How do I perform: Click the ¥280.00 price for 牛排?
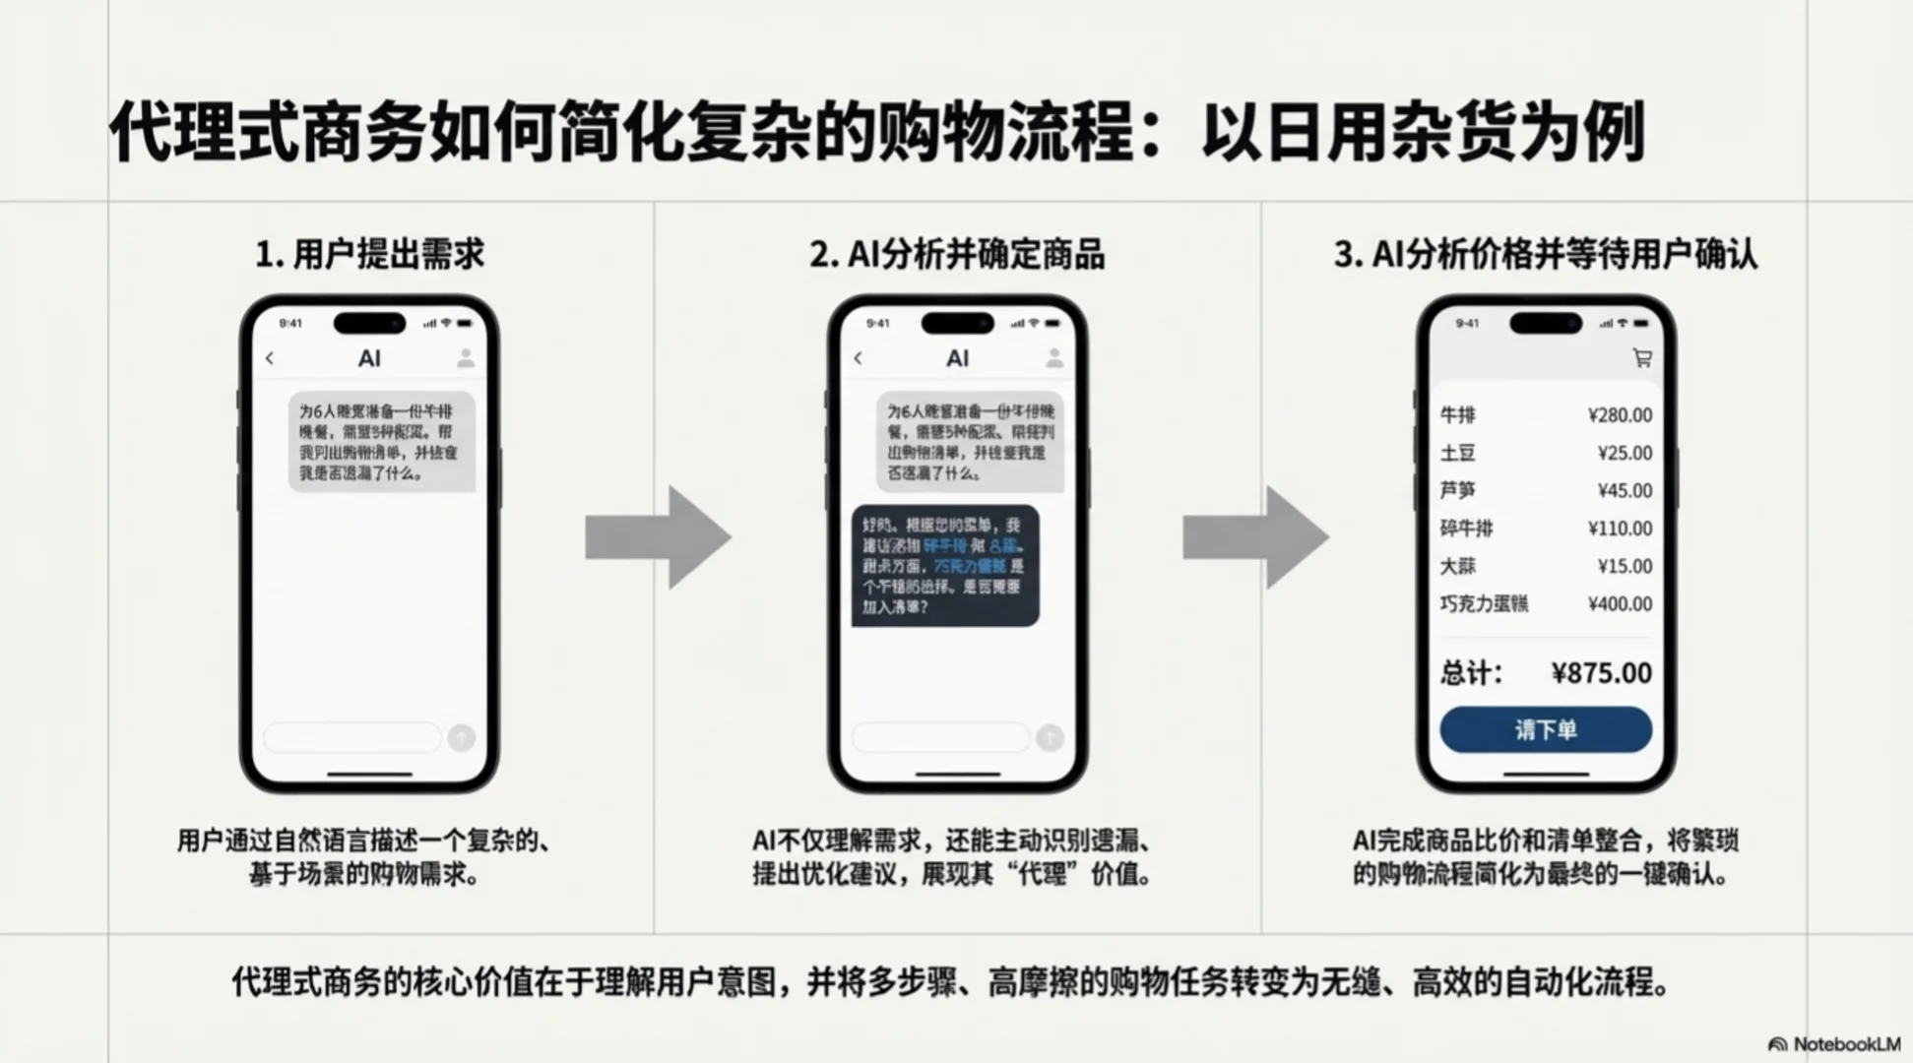point(1620,415)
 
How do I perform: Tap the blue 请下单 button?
point(1545,730)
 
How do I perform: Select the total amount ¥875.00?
point(1601,673)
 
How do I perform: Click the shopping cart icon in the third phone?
point(1641,358)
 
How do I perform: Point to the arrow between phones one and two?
point(658,537)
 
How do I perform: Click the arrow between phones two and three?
point(1255,537)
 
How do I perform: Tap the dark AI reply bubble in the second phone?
point(945,566)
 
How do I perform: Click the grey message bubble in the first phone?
point(382,442)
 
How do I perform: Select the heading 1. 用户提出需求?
point(369,254)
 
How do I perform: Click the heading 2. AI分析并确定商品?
point(957,254)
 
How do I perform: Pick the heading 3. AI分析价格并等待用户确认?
point(1545,254)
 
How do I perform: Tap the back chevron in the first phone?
point(270,359)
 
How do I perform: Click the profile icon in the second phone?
point(1053,358)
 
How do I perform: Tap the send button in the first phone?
point(462,737)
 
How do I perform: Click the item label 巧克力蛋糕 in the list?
point(1484,604)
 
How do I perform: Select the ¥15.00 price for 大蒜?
point(1625,567)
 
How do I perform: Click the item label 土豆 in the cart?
point(1458,454)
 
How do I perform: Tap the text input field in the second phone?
point(940,737)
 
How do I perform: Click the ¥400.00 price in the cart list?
point(1620,604)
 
